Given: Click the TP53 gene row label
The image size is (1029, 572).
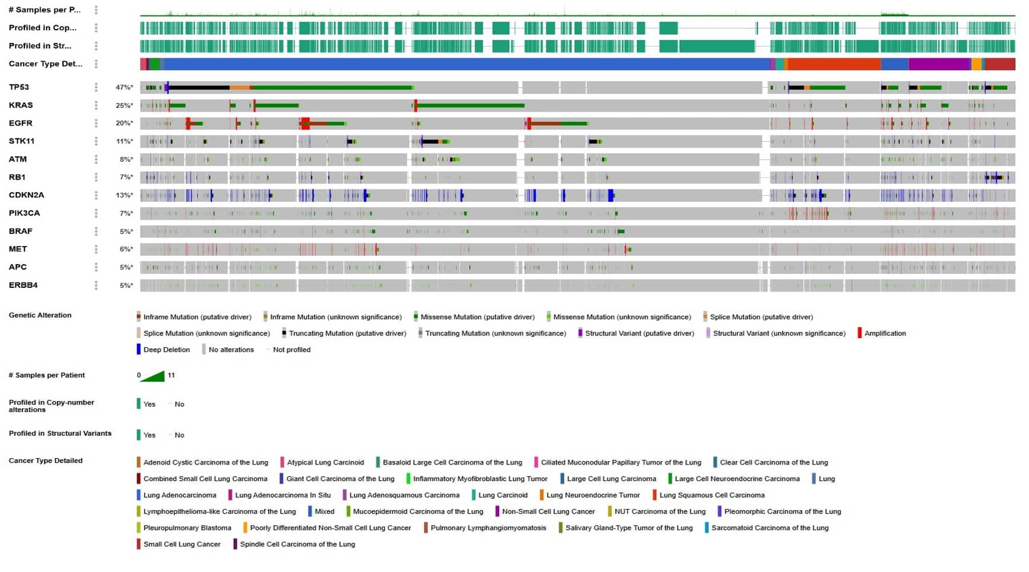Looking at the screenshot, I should (x=19, y=87).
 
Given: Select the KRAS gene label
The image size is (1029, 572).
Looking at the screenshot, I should (x=21, y=105).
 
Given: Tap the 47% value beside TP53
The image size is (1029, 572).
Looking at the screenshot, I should (x=124, y=88).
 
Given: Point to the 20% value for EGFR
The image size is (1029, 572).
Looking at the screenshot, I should (x=124, y=124).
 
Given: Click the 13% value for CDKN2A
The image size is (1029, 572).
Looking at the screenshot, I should (x=124, y=195).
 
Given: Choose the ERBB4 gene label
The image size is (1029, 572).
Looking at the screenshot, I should (x=23, y=285).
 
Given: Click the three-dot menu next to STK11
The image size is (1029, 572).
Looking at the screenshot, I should (x=96, y=141).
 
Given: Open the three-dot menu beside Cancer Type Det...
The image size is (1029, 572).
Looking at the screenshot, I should (x=96, y=64).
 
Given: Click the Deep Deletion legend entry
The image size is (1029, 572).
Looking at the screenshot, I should (x=166, y=349).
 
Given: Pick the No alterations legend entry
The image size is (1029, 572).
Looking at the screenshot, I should (x=230, y=349).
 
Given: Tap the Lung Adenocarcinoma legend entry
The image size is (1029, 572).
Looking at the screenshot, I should (x=180, y=495).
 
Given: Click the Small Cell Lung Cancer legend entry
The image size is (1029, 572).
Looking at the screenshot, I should (x=181, y=545).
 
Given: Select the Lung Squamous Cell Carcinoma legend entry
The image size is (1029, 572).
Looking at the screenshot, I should (x=711, y=495).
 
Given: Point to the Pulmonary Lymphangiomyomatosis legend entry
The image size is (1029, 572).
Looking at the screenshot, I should (x=488, y=528).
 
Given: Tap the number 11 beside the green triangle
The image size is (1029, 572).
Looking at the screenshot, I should (x=171, y=375).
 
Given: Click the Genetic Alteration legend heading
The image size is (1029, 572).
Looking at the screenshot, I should (x=40, y=315).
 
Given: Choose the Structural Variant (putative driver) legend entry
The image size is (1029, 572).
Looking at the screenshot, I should (x=639, y=333).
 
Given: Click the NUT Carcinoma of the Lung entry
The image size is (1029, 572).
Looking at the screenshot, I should (x=659, y=511).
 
